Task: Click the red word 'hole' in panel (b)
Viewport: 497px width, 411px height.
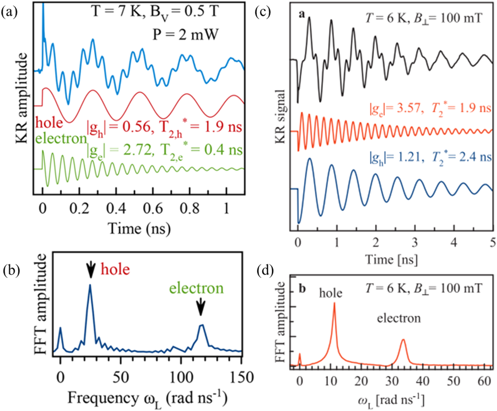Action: click(x=115, y=269)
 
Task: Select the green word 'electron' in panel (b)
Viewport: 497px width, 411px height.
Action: click(x=196, y=288)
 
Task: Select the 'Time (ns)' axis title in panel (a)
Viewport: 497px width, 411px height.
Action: click(x=139, y=228)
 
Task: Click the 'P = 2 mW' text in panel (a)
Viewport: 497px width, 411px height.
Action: click(x=185, y=34)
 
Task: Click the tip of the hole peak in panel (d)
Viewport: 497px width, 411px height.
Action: click(x=334, y=303)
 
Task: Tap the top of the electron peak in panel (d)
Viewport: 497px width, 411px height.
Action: click(x=403, y=339)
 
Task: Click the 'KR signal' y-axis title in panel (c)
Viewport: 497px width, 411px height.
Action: click(x=280, y=116)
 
